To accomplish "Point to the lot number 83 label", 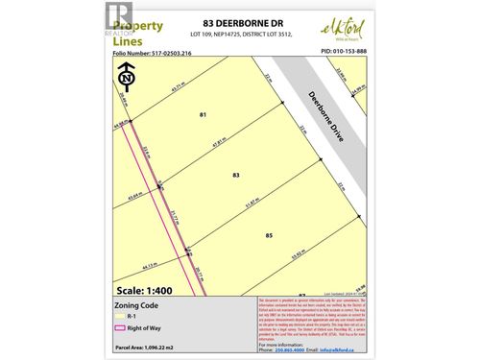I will click(236, 175).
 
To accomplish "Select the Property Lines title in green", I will click(140, 32).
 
